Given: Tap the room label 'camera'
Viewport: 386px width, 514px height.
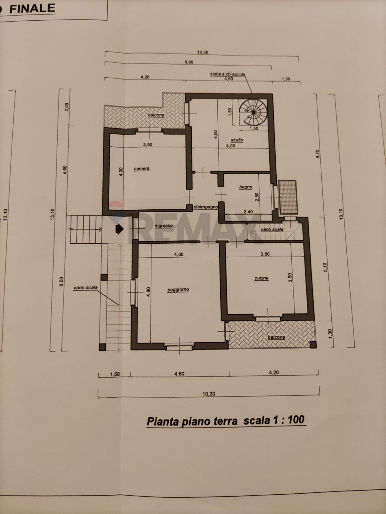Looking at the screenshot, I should coord(142,169).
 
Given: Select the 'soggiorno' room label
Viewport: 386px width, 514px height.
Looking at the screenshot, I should coord(178,289).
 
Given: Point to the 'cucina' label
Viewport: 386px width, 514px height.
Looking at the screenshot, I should coord(261,278).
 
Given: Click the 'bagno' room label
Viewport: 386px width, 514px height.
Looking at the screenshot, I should coord(246,187).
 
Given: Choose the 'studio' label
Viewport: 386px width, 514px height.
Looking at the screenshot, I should coord(237,140).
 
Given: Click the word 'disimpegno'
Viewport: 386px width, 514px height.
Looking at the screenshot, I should coord(206,207).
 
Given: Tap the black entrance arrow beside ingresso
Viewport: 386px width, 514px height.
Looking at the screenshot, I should coord(119,229).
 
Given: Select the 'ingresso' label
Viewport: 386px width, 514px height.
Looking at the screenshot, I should coord(164,226).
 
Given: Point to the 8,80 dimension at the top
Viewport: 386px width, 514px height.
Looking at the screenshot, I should coord(189,62).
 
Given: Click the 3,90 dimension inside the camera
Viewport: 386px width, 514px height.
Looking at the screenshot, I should coord(147,145).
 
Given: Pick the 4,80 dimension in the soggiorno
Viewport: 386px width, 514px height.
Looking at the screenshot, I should coord(149,292).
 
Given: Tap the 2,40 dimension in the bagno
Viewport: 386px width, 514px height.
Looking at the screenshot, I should coord(248,212).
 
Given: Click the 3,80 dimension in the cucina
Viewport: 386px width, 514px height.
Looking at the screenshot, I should coord(265,254).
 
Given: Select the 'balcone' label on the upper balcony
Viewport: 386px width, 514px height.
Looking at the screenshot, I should coord(156,115).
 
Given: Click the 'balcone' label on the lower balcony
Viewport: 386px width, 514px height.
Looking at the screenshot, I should coord(276,337).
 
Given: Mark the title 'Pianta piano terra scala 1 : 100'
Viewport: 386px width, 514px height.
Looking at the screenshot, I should coord(225,420).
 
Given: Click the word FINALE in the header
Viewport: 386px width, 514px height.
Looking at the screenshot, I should coord(32,9).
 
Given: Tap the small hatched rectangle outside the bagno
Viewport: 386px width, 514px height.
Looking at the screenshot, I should coord(288,197).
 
